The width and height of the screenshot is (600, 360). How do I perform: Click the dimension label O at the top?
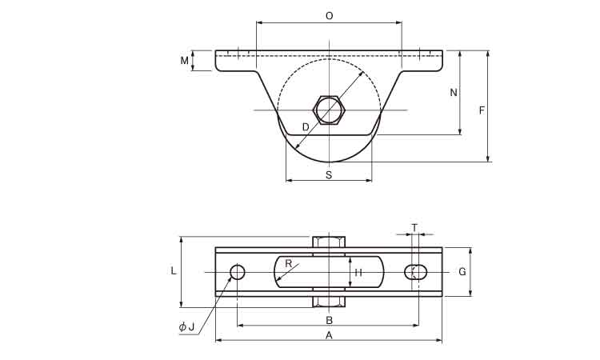[329, 16]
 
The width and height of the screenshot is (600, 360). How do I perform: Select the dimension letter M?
[185, 61]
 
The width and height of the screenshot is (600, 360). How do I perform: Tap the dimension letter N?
[454, 92]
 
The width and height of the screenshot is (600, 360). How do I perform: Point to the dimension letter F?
[482, 110]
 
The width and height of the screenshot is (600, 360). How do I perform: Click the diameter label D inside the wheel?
[306, 127]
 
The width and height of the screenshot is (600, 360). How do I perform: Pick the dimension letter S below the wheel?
[329, 175]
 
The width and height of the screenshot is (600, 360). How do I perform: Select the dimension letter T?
[414, 228]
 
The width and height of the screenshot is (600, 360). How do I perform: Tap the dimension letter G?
[462, 272]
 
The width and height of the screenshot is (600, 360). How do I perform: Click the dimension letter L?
[174, 271]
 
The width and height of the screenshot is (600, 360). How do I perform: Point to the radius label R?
[289, 263]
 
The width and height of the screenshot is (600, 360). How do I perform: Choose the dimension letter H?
[358, 272]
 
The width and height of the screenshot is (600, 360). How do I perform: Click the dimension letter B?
[329, 320]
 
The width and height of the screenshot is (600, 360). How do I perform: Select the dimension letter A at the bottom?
[329, 335]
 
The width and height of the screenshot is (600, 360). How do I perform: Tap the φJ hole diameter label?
[186, 326]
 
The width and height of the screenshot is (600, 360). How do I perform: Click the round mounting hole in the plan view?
[238, 272]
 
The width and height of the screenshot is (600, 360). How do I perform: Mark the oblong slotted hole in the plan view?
[416, 272]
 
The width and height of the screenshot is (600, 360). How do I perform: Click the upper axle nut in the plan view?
[329, 242]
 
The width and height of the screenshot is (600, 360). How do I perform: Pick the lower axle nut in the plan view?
[329, 302]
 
